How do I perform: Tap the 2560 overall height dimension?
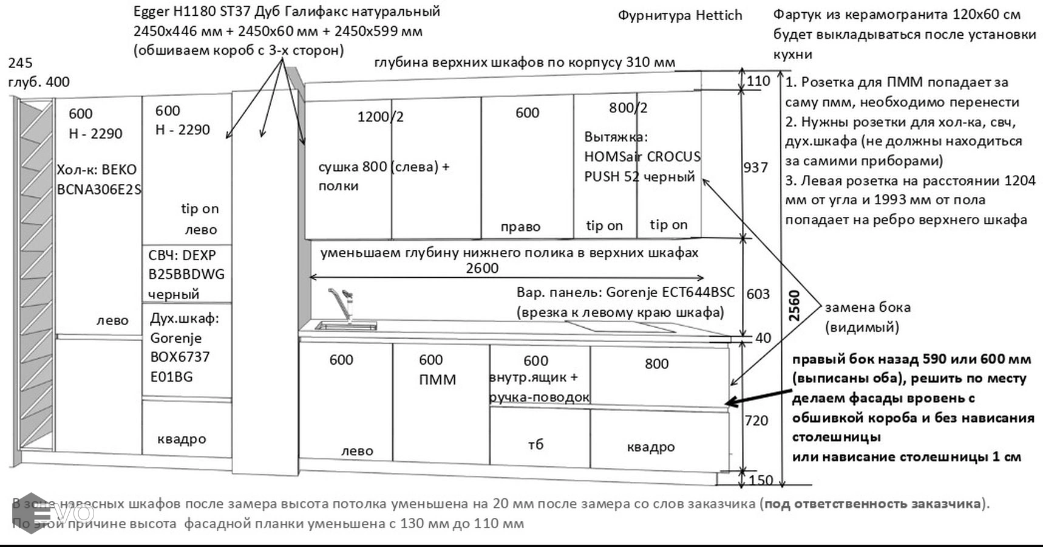tap(794, 306)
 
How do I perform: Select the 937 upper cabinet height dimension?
tap(756, 167)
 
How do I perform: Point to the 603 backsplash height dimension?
tap(758, 294)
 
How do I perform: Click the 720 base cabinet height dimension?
tap(756, 421)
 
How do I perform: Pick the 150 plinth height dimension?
tap(761, 480)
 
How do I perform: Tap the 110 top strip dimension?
tap(758, 81)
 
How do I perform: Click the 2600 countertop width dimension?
tap(482, 268)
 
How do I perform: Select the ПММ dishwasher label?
tap(437, 380)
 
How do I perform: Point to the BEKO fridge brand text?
tap(115, 170)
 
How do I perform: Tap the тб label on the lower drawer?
tap(535, 444)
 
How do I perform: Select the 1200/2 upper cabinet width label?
tap(380, 117)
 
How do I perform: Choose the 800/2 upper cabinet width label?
tap(628, 108)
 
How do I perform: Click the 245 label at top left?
tap(21, 63)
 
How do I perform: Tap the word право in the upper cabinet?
tap(520, 227)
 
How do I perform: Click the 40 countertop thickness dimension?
tap(763, 338)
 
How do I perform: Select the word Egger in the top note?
tap(151, 12)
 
